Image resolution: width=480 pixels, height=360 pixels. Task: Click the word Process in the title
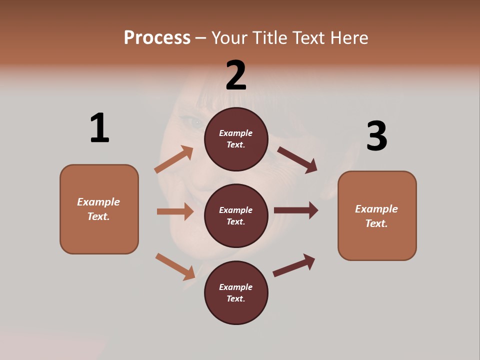coord(157,37)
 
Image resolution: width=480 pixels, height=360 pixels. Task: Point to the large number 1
coord(99,128)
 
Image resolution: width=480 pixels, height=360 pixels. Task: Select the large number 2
coord(236,75)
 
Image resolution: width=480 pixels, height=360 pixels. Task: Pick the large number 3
coord(376,136)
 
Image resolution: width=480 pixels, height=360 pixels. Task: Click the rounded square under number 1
coord(99,209)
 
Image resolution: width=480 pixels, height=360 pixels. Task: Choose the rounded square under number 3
coord(377,216)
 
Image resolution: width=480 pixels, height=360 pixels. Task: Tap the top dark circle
coord(236,139)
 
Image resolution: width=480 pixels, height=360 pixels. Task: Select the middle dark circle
coord(236,216)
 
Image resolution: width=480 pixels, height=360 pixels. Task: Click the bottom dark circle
coord(236,293)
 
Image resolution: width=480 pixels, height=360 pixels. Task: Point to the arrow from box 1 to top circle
coord(174,159)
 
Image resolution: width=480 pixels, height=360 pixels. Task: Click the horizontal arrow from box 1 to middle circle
coord(175,211)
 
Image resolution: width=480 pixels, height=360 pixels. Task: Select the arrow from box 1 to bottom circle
coord(175,266)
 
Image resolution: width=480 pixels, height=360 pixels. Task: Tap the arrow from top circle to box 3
coord(297,159)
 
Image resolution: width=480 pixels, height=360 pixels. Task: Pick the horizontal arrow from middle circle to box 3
coord(296,210)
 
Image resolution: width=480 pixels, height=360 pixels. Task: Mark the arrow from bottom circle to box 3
coord(294,265)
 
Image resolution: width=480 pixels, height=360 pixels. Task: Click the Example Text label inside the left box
coord(98,209)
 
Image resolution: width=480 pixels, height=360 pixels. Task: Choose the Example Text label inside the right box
coord(376,216)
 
